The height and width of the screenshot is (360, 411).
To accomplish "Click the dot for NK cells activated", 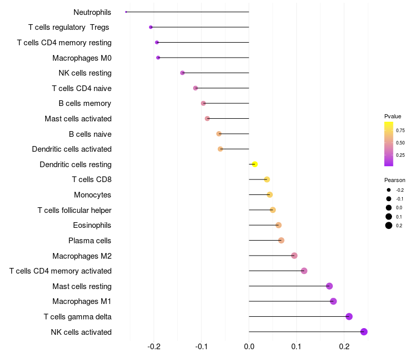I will (364, 332).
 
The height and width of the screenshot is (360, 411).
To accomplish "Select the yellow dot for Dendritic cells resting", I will (254, 164).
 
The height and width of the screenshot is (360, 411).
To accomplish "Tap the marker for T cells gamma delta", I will (349, 316).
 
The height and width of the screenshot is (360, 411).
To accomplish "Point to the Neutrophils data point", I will (126, 12).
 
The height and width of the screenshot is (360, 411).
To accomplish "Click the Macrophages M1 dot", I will (333, 301).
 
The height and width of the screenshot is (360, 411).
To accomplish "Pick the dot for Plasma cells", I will (281, 240).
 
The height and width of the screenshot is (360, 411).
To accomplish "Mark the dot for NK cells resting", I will (182, 73).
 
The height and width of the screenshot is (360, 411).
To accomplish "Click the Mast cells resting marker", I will (329, 286).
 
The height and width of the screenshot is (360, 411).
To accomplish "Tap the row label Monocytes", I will (92, 195).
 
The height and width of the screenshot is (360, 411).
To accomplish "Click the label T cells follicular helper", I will (74, 210).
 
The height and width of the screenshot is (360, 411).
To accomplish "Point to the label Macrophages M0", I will (82, 58).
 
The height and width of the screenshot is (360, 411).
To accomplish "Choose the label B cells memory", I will (85, 103).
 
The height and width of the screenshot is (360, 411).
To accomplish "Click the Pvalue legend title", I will (393, 116).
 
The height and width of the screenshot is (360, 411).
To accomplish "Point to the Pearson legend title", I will (395, 181).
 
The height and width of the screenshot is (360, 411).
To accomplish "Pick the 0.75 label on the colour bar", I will (400, 131).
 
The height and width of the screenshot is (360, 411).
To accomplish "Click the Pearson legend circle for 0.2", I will (389, 225).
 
